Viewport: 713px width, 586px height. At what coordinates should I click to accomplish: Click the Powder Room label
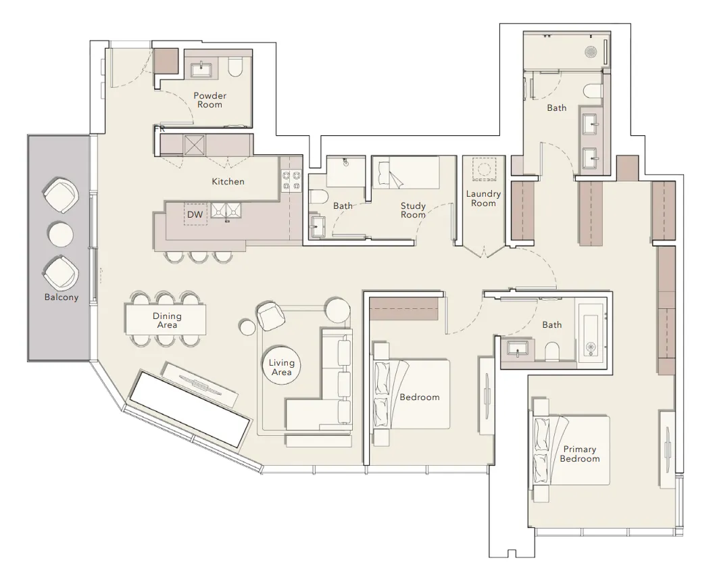point(210,100)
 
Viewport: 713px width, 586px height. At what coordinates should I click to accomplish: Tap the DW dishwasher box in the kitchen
point(195,214)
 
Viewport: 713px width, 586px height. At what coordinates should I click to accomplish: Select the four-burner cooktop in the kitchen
point(292,180)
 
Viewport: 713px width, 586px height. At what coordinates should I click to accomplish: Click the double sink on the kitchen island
point(226,211)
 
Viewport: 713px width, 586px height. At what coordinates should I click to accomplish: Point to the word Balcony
point(62,297)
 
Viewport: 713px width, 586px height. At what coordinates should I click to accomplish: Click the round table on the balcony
point(60,234)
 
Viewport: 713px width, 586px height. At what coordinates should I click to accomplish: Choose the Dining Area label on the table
point(167,320)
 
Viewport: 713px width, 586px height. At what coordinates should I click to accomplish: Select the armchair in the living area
point(272,315)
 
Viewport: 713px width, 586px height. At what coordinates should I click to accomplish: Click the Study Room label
point(413,210)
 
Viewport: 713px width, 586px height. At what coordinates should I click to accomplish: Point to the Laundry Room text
point(483,199)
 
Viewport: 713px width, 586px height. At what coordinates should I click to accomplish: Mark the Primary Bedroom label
point(579,454)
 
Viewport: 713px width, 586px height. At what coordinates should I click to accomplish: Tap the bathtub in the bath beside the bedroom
point(592,329)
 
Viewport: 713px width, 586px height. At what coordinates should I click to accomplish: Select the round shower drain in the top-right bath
point(590,51)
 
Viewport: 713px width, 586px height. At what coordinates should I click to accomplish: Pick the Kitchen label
point(228,181)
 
